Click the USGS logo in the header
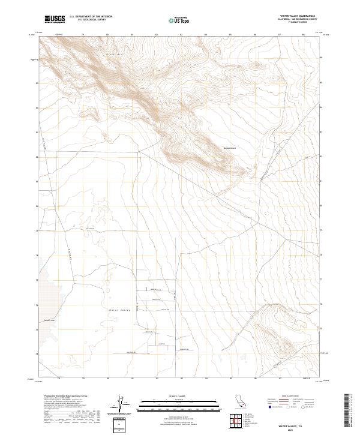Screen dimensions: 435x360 55,19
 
